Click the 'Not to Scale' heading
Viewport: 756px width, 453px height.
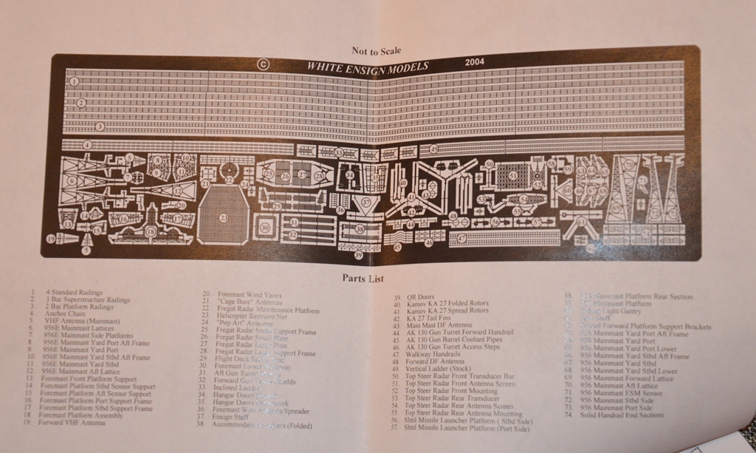point(377,51)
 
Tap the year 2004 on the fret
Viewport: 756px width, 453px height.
point(475,62)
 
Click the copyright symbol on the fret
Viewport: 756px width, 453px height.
point(262,64)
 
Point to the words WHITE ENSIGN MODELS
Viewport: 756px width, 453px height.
point(367,66)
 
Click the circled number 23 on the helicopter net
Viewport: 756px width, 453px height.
point(224,217)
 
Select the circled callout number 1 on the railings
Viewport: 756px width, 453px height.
point(74,81)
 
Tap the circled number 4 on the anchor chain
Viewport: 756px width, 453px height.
point(87,145)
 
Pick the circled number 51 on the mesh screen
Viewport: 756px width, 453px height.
point(512,175)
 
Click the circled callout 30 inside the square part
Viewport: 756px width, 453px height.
point(264,228)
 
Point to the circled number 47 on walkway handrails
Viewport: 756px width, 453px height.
point(461,238)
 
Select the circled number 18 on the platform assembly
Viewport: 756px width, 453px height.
point(151,231)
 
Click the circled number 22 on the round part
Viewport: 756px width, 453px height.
point(230,180)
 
